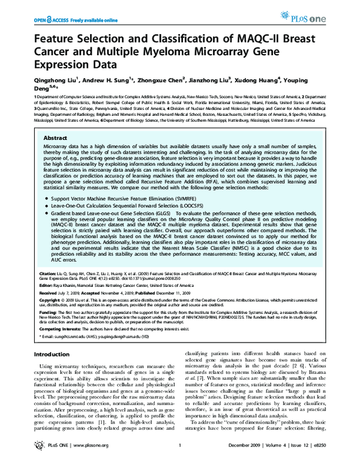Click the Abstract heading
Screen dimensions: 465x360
coord(55,137)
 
